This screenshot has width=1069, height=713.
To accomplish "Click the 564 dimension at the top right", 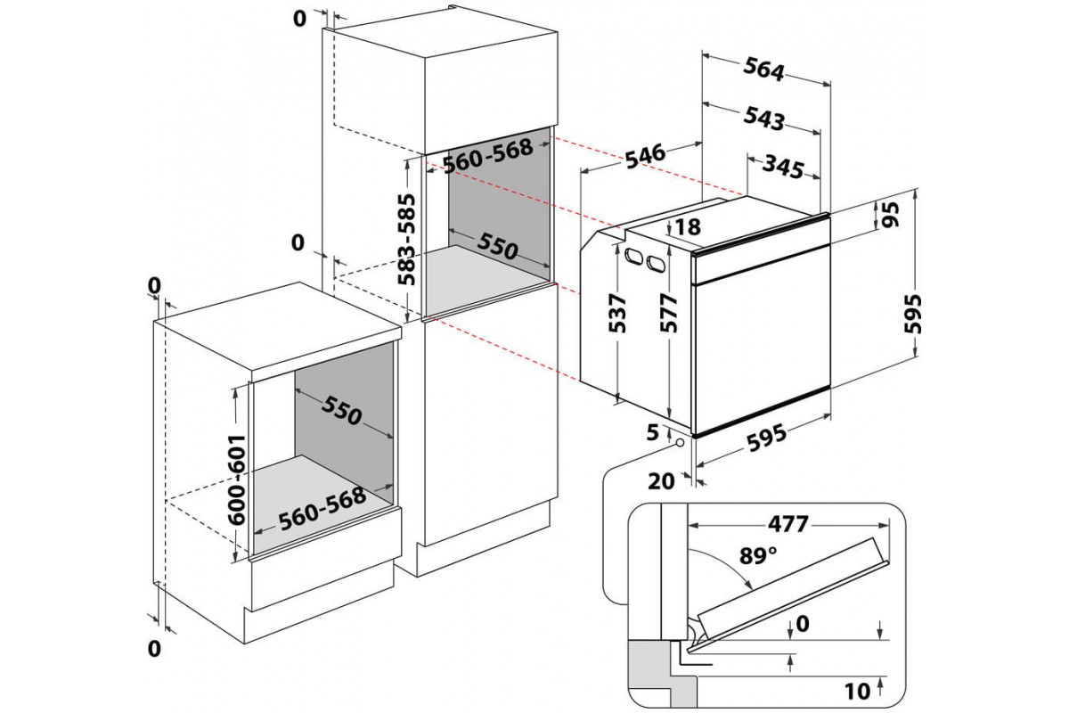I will (764, 71).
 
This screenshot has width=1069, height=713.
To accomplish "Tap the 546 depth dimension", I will (645, 154).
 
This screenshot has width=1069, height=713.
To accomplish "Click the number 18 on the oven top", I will (689, 228).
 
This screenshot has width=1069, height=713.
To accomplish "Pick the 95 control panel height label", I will (888, 214).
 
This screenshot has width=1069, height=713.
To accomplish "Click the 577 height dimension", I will (671, 312).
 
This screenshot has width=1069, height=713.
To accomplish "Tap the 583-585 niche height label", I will (407, 238).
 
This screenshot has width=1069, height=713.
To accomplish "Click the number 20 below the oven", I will (662, 481).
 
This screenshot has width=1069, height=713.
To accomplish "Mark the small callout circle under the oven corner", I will (680, 442).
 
